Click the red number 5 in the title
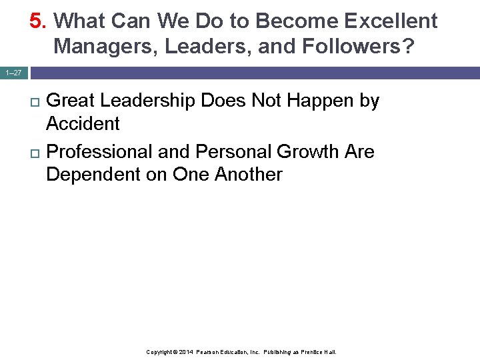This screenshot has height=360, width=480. point(36,21)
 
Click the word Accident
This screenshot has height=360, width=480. point(83,124)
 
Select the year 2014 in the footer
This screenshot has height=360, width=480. point(187,351)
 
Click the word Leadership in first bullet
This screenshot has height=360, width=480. point(149,101)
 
